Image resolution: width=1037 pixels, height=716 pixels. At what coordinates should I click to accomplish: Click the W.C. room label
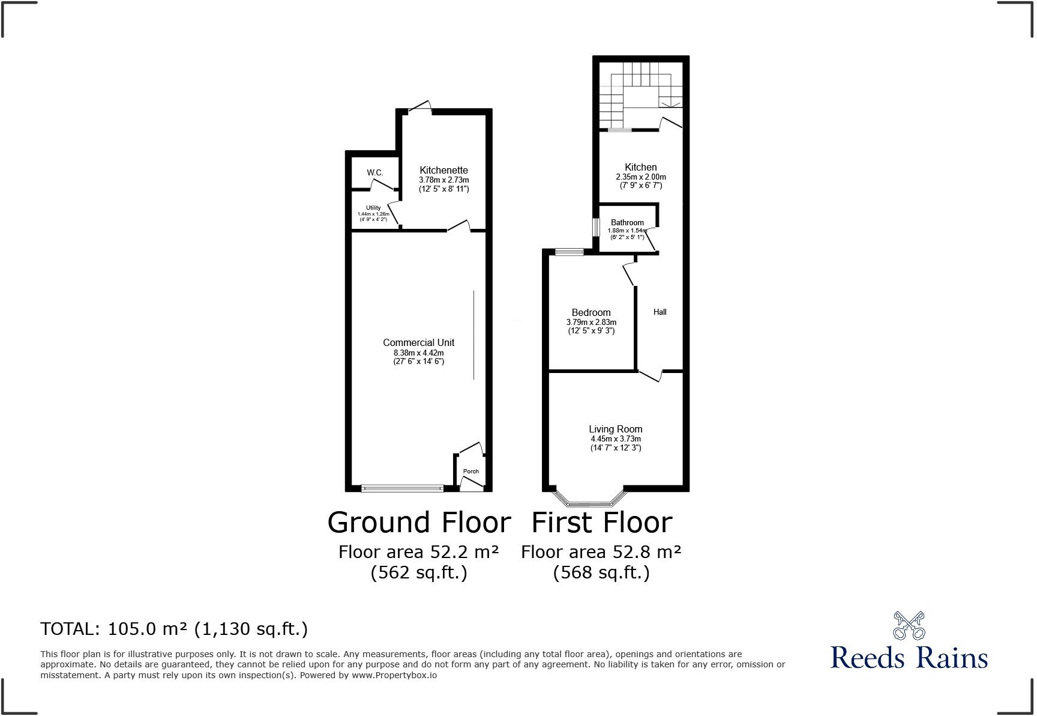[x=375, y=173]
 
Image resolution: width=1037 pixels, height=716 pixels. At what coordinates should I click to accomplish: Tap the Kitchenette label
[x=443, y=170]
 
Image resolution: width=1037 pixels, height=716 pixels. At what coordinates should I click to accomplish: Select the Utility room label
[x=373, y=208]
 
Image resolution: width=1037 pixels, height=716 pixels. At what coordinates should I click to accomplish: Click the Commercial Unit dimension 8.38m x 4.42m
[x=418, y=353]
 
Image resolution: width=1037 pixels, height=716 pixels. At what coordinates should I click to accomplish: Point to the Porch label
[x=471, y=471]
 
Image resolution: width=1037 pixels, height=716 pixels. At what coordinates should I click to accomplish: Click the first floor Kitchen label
[x=640, y=167]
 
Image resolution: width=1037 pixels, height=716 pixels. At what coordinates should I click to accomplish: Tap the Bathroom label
[x=627, y=222]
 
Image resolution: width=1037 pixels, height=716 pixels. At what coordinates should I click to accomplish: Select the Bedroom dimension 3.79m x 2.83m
[x=591, y=322]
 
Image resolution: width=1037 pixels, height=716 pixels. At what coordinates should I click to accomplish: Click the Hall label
[x=660, y=312]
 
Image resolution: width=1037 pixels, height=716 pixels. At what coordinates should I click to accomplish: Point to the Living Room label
[x=615, y=429]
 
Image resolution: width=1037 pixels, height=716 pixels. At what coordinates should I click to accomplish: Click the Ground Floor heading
[x=419, y=522]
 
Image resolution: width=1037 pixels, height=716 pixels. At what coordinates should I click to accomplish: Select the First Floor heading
[x=601, y=522]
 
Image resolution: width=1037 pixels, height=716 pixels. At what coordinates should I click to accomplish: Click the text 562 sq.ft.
[x=419, y=572]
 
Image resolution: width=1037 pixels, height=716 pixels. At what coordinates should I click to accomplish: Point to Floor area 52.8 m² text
[x=601, y=551]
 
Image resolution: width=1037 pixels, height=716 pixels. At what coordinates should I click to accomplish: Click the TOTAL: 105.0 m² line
[x=174, y=629]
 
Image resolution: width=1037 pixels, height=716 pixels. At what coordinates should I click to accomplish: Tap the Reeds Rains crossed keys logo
[x=909, y=625]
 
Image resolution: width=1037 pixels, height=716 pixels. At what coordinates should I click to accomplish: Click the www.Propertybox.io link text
[x=394, y=675]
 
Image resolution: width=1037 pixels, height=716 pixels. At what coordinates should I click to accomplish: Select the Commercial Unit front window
[x=403, y=488]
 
